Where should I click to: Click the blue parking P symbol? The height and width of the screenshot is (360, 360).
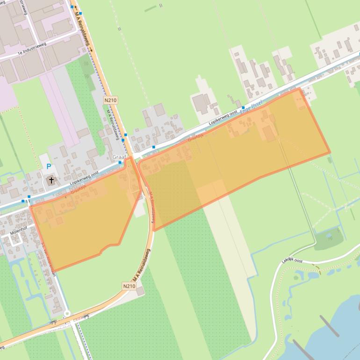[x=49, y=166]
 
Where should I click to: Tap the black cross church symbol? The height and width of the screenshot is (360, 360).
[x=51, y=180]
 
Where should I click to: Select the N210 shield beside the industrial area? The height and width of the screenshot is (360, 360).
[x=111, y=100]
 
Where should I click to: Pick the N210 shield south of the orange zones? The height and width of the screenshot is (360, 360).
[x=129, y=286]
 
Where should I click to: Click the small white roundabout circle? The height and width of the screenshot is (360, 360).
[x=67, y=314]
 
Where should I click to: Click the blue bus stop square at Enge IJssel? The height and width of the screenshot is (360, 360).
[x=243, y=108]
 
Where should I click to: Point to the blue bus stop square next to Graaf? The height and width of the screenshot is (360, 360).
[x=120, y=163]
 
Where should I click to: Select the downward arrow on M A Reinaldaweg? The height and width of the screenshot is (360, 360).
[x=91, y=50]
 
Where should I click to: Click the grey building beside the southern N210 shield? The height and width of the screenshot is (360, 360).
[x=140, y=291]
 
